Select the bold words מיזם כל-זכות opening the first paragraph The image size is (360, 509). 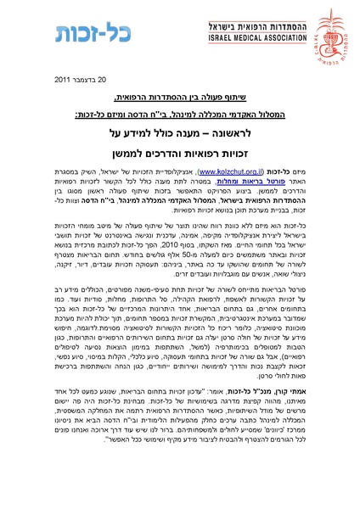coord(292,171)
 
